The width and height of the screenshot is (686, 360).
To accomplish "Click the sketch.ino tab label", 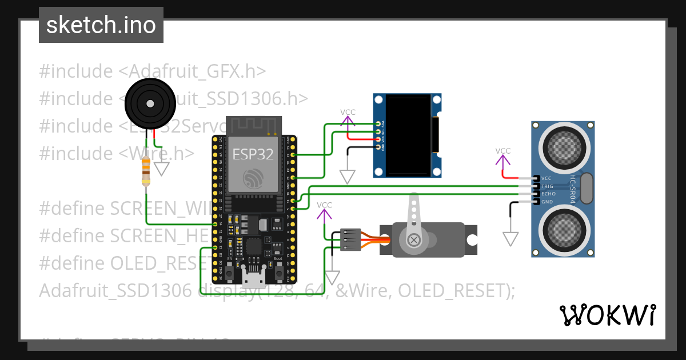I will click(x=101, y=25).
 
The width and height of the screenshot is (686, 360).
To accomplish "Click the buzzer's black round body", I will click(x=149, y=103).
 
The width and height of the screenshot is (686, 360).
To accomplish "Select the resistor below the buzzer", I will click(x=146, y=171).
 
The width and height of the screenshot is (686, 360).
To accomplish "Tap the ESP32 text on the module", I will click(x=253, y=154).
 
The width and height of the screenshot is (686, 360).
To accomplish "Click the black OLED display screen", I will click(x=409, y=135).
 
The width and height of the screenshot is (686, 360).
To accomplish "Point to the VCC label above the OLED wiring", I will click(x=348, y=113).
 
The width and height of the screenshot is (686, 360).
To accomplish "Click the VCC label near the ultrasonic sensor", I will click(x=503, y=151).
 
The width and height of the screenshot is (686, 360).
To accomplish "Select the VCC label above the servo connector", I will click(x=324, y=205).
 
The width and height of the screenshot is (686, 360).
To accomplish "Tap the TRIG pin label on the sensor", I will click(x=547, y=186).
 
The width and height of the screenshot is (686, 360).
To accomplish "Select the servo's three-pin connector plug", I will click(x=350, y=239).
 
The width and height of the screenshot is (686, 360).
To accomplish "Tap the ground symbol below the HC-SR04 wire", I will click(x=510, y=238).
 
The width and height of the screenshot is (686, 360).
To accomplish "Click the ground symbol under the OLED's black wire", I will click(x=347, y=177).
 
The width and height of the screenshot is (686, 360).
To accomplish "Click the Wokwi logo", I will click(x=607, y=315).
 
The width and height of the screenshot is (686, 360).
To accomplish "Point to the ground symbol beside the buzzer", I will click(x=163, y=169).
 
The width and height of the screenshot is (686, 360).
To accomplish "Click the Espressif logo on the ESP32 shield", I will click(x=253, y=178).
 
